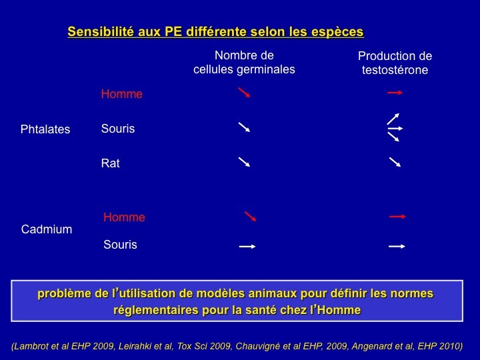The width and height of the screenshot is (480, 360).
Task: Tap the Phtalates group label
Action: pos(45,129)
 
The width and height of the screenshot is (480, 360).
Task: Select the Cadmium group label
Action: pos(47,229)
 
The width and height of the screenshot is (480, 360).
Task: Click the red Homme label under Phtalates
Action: pos(122,94)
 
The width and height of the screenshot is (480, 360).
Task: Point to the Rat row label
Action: pos(110,163)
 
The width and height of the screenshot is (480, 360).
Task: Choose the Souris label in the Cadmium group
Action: pos(120,245)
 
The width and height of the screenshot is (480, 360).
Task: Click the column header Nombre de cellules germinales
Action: pos(244,63)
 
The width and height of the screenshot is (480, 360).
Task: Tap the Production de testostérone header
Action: pos(395,63)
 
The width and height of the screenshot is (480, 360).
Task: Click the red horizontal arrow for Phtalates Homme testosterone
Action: pos(395,93)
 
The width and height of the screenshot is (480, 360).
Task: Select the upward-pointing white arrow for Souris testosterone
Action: pos(393,119)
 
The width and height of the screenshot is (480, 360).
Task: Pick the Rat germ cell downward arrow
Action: pos(244,162)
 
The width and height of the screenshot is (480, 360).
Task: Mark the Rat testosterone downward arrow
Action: pos(395,162)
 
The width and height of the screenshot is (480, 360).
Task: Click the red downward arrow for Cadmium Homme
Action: pos(251,217)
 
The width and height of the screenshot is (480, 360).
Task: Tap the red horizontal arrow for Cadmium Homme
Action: pos(397,217)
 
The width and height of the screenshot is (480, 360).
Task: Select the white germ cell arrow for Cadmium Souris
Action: pos(247,246)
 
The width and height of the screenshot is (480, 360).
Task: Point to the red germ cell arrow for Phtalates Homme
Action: pos(244,93)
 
